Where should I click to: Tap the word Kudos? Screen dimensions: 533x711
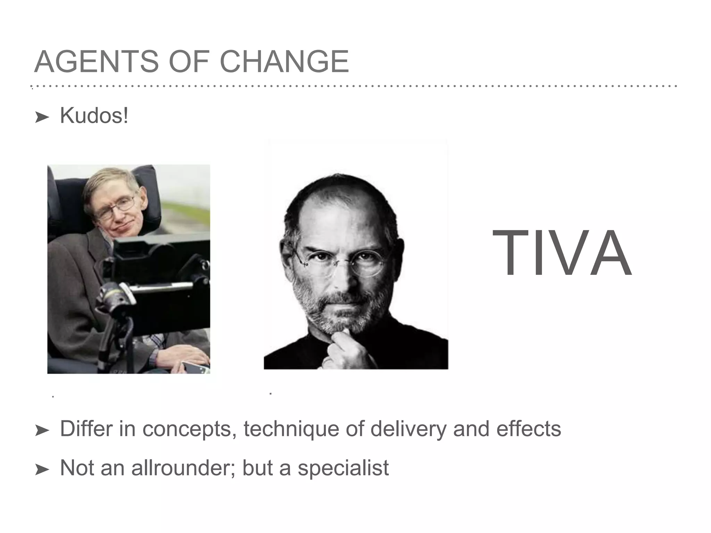click(94, 116)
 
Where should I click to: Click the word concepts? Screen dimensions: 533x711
click(187, 429)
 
